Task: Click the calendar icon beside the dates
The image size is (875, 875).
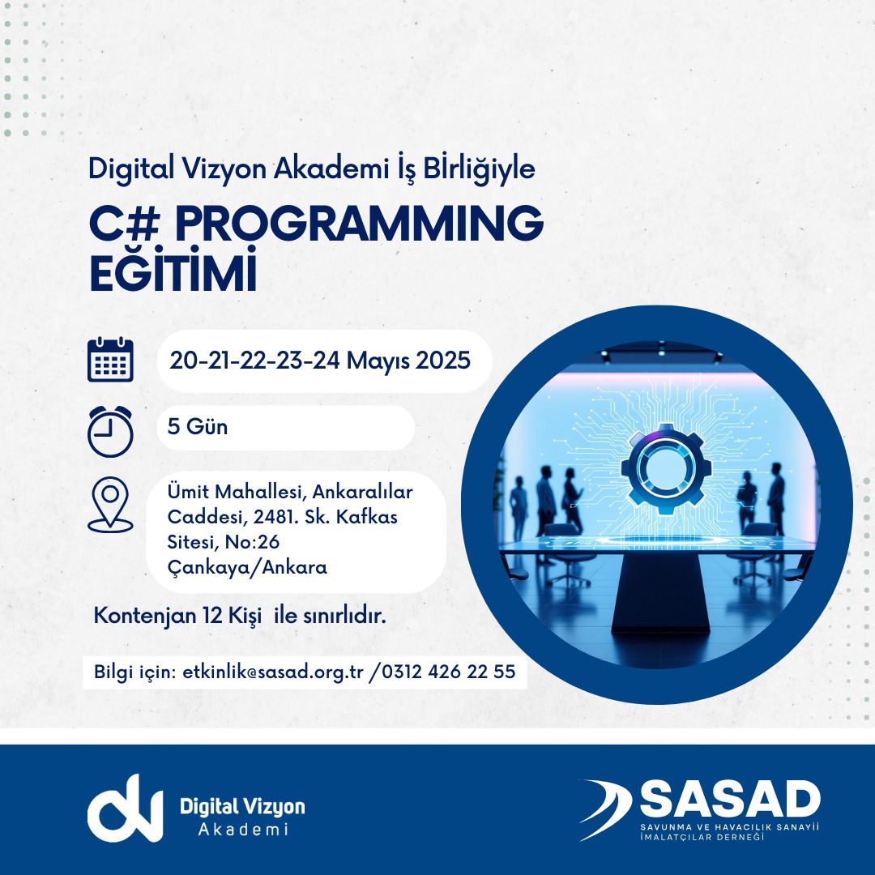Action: pyautogui.click(x=110, y=360)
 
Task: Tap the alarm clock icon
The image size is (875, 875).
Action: pyautogui.click(x=110, y=431)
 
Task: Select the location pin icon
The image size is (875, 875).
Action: pyautogui.click(x=110, y=505)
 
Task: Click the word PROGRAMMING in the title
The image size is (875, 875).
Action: pyautogui.click(x=359, y=223)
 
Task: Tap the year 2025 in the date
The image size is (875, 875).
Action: pyautogui.click(x=443, y=361)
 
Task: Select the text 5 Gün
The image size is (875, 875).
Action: pyautogui.click(x=198, y=427)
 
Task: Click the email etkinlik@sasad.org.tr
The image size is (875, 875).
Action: pyautogui.click(x=273, y=672)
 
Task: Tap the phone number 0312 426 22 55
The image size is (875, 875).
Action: pyautogui.click(x=449, y=672)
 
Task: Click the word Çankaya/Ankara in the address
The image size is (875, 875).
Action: pyautogui.click(x=247, y=567)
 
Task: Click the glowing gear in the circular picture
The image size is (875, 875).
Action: pyautogui.click(x=666, y=469)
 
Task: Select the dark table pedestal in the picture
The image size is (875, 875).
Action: pyautogui.click(x=661, y=593)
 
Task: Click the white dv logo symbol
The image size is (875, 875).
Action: pyautogui.click(x=125, y=808)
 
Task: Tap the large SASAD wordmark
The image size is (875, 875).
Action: pyautogui.click(x=730, y=799)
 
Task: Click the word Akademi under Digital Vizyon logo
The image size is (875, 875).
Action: pyautogui.click(x=243, y=830)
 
